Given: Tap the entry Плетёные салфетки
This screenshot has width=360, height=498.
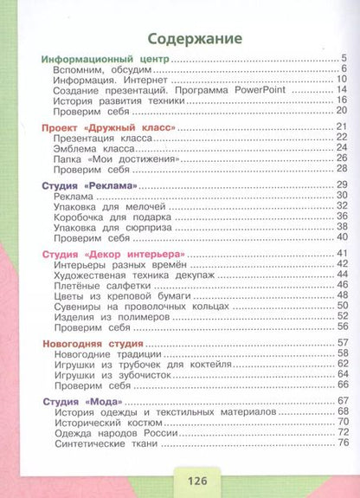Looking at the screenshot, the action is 99,284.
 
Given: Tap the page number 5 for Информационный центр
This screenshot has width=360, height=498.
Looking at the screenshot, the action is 344,59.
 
